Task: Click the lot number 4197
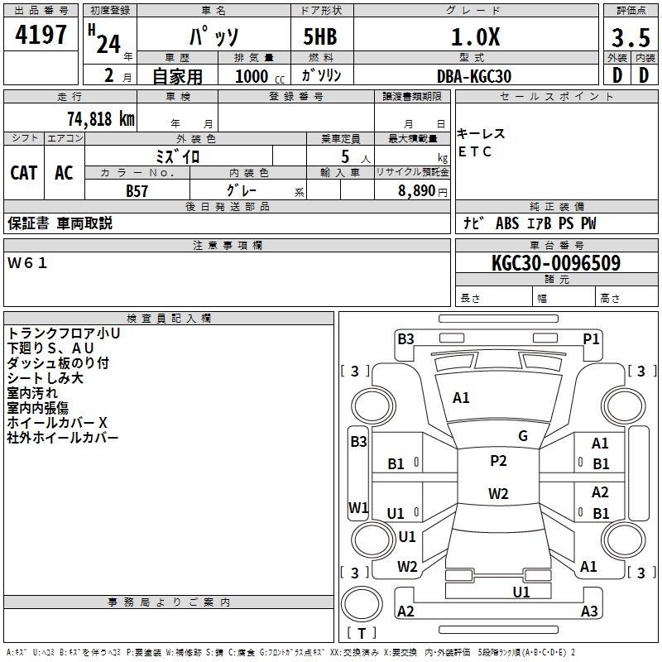[x=41, y=34]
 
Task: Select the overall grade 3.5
[x=631, y=37]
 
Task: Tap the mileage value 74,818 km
[x=101, y=119]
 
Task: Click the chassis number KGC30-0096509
[x=556, y=263]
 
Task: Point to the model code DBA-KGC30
[x=474, y=76]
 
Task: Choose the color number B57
[x=137, y=191]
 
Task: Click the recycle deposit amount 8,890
[x=417, y=190]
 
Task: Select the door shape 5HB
[x=320, y=36]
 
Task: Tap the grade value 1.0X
[x=475, y=36]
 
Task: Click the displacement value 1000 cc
[x=260, y=76]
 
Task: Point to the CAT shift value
[x=24, y=173]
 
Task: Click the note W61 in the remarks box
[x=27, y=263]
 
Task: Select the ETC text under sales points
[x=474, y=151]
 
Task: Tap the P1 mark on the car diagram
[x=591, y=339]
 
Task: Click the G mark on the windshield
[x=523, y=436]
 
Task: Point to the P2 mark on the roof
[x=498, y=461]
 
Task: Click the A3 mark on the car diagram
[x=589, y=611]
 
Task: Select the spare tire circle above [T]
[x=362, y=605]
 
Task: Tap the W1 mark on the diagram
[x=358, y=507]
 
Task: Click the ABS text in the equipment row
[x=507, y=223]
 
